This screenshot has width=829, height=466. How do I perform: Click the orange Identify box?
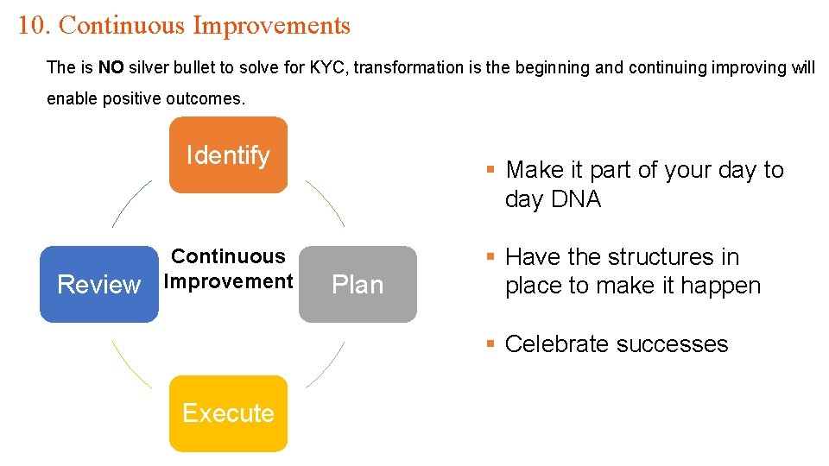[228, 155]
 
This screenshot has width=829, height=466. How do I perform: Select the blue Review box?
[98, 285]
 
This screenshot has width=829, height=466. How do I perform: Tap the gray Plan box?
[358, 285]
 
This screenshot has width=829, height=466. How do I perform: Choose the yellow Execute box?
[228, 413]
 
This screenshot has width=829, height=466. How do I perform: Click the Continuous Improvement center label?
[229, 269]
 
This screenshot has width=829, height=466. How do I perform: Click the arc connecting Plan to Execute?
[326, 364]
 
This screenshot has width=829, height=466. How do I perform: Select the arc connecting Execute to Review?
[130, 364]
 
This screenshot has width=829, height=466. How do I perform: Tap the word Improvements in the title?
[271, 25]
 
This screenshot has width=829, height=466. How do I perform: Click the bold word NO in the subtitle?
[111, 67]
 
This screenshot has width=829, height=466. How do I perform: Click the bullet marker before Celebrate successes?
[490, 343]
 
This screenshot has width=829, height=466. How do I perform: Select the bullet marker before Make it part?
[490, 169]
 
